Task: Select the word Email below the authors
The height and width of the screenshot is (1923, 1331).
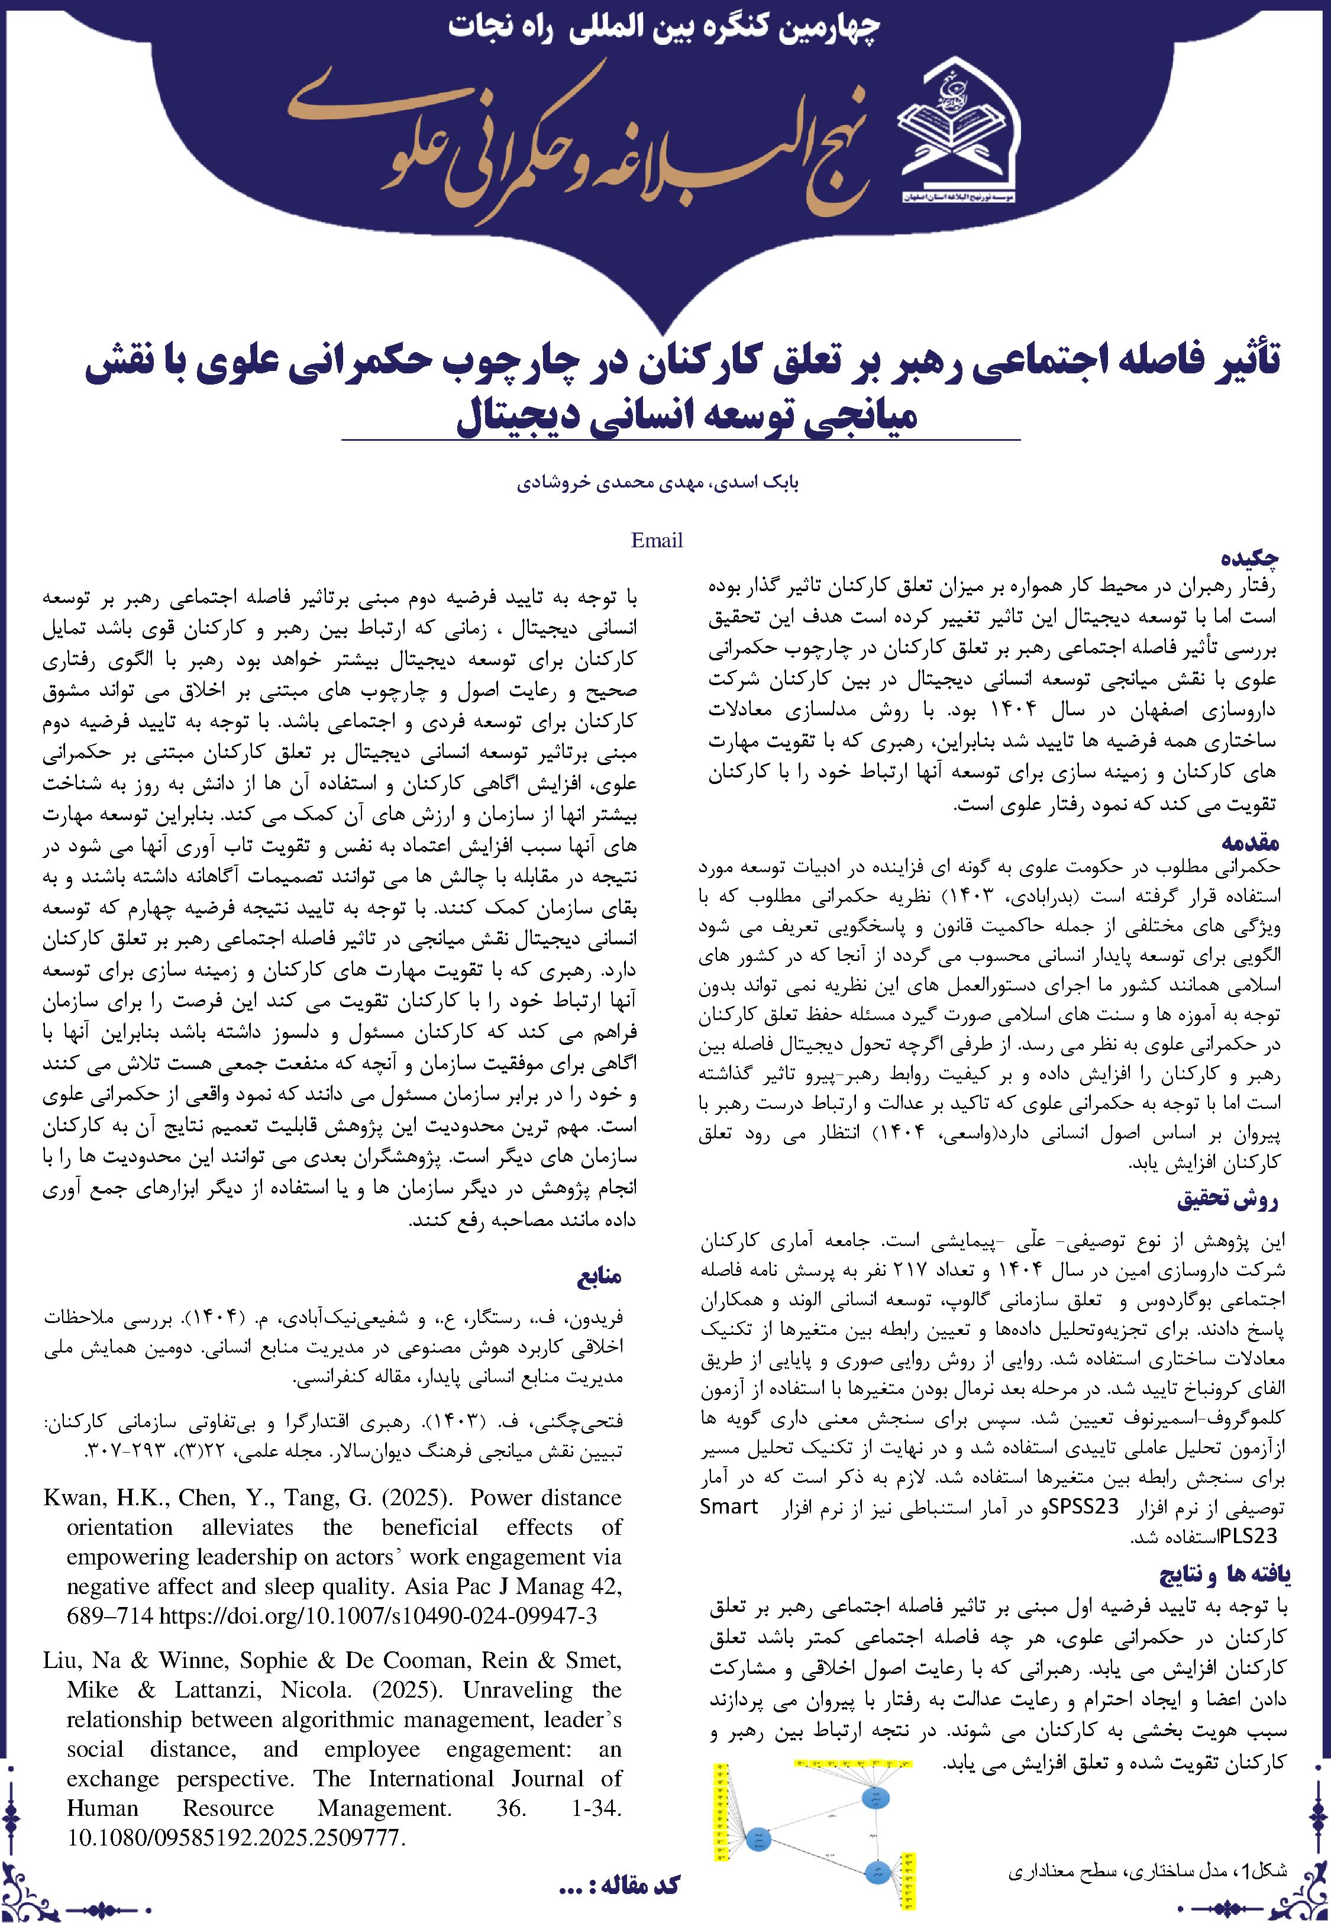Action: point(657,540)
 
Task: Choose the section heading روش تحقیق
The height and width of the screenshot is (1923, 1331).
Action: point(1227,1201)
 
